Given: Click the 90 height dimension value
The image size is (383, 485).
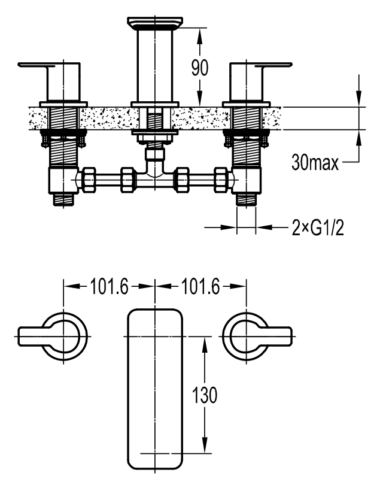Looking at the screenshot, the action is click(x=200, y=68).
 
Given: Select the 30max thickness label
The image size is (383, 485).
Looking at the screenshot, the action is click(x=315, y=162).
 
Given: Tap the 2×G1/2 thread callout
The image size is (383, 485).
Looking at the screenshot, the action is click(x=318, y=228).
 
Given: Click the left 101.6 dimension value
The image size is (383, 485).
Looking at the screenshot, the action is click(x=109, y=286).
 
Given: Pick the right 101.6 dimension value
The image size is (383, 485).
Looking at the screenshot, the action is click(x=200, y=286).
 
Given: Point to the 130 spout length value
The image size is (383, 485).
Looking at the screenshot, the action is click(x=205, y=395).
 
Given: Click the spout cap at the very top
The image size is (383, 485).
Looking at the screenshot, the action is click(x=154, y=23).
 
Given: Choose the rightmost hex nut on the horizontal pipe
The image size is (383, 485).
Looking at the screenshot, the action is click(x=221, y=180).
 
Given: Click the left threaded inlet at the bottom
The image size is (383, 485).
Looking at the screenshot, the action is click(x=63, y=199).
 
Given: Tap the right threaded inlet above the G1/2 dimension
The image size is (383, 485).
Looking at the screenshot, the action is click(x=246, y=199).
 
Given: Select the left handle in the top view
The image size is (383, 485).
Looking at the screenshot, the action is click(x=53, y=337).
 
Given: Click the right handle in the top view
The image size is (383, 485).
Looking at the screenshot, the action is click(x=257, y=337).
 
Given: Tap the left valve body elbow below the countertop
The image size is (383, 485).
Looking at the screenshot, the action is click(x=63, y=180).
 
